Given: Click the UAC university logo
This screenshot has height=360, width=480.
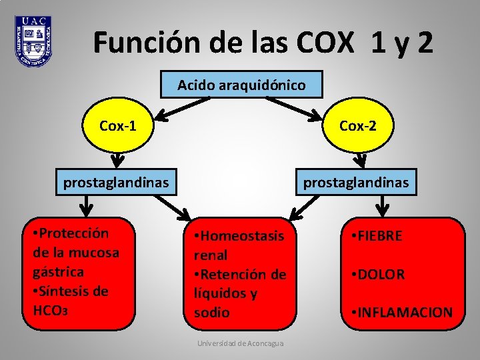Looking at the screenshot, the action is [x=33, y=41].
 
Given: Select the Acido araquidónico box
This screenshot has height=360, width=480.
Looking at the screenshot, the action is [x=241, y=85].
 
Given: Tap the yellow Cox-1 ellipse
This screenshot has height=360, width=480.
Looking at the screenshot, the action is [x=118, y=125].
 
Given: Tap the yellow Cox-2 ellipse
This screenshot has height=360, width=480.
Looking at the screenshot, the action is [x=357, y=125].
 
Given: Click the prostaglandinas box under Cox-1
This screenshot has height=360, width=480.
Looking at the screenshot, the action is [x=116, y=181].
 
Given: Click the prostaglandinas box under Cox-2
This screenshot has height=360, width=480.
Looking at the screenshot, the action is [x=356, y=181].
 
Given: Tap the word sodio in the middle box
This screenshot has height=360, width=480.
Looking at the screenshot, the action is [x=211, y=313].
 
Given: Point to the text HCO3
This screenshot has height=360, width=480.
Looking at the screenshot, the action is [x=51, y=311].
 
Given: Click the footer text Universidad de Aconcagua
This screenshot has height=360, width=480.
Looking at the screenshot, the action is [x=240, y=343].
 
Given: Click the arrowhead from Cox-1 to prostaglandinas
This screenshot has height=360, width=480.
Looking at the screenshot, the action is [x=118, y=161].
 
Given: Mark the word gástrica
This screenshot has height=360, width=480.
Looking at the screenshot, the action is [x=58, y=272].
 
